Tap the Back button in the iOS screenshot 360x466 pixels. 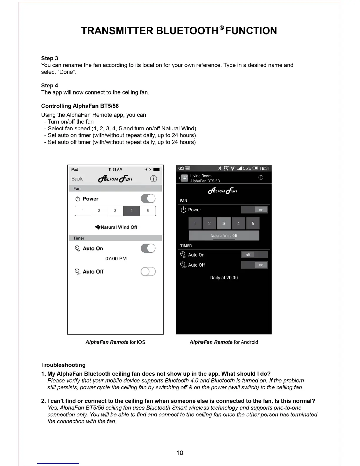pyautogui.click(x=77, y=179)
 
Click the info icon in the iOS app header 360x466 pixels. pyautogui.click(x=153, y=179)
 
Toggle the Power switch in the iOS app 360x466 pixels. pyautogui.click(x=148, y=199)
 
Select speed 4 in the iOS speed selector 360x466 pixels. pyautogui.click(x=131, y=211)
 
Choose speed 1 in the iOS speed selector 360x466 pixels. pyautogui.click(x=83, y=211)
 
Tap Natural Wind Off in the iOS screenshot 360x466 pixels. pyautogui.click(x=116, y=227)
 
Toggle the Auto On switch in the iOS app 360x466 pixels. pyautogui.click(x=148, y=248)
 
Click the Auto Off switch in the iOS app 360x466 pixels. pyautogui.click(x=148, y=272)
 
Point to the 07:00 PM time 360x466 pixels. pyautogui.click(x=116, y=259)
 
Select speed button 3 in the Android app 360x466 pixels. pyautogui.click(x=224, y=224)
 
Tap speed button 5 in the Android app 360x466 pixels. pyautogui.click(x=253, y=224)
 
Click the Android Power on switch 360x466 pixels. pyautogui.click(x=254, y=210)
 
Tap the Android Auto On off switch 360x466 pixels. pyautogui.click(x=254, y=255)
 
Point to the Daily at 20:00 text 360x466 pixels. pyautogui.click(x=224, y=278)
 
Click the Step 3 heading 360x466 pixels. pyautogui.click(x=49, y=58)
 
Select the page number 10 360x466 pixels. pyautogui.click(x=180, y=453)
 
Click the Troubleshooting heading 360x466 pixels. pyautogui.click(x=63, y=365)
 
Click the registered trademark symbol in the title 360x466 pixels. pyautogui.click(x=221, y=28)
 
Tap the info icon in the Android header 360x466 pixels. pyautogui.click(x=261, y=177)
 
